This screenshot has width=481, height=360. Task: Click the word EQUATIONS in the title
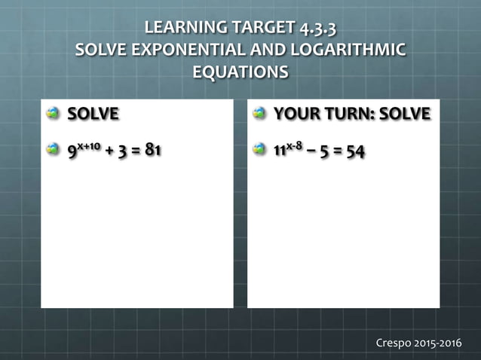click(240, 73)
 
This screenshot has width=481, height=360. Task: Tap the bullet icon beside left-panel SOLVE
click(54, 114)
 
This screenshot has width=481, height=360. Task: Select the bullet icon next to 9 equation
click(54, 149)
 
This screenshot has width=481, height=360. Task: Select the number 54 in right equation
click(355, 151)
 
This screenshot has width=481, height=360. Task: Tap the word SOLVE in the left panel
click(93, 114)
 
